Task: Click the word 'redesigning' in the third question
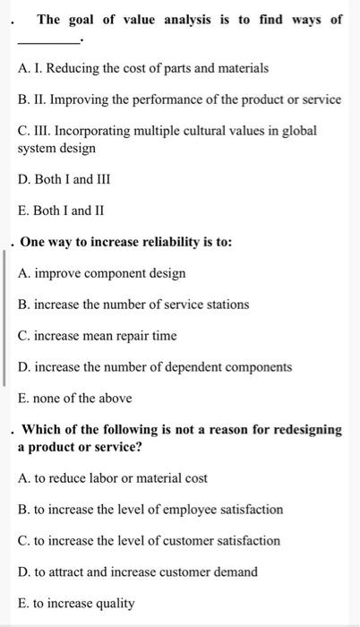(304, 430)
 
